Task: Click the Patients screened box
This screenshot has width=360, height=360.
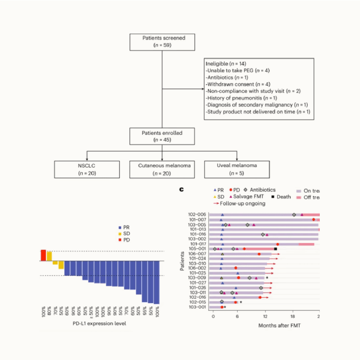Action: (x=162, y=41)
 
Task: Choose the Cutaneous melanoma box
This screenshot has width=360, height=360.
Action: (x=162, y=169)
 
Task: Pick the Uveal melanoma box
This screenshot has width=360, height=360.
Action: (x=237, y=169)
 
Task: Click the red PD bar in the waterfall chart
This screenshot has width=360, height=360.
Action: (x=43, y=255)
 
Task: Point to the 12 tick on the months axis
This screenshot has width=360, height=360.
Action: (x=266, y=316)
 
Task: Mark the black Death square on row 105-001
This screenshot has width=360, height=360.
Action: (x=275, y=249)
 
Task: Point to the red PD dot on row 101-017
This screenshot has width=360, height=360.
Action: (x=278, y=244)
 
